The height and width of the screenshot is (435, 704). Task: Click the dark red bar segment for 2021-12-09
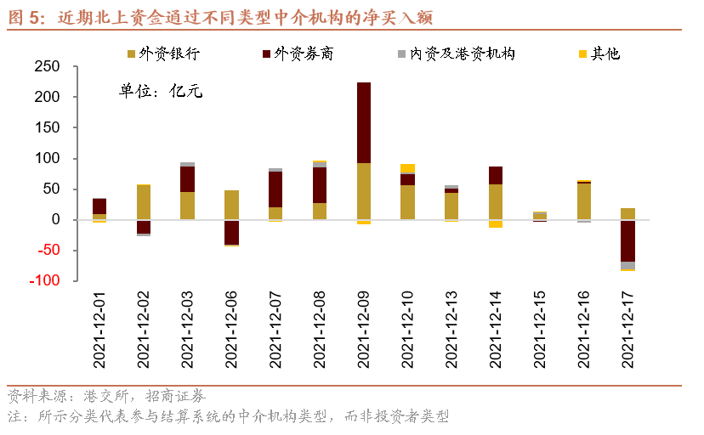pyautogui.click(x=364, y=122)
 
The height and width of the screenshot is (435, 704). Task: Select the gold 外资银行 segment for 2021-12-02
pyautogui.click(x=144, y=202)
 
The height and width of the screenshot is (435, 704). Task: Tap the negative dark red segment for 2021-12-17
pyautogui.click(x=627, y=240)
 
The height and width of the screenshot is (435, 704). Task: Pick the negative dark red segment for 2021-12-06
pyautogui.click(x=231, y=232)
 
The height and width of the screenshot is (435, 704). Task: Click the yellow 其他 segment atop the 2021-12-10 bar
pyautogui.click(x=407, y=168)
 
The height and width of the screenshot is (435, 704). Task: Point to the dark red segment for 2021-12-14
pyautogui.click(x=496, y=175)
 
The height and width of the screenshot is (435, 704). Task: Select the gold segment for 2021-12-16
pyautogui.click(x=583, y=201)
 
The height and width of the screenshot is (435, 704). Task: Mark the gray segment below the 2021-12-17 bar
pyautogui.click(x=627, y=265)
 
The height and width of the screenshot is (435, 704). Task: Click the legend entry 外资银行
pyautogui.click(x=163, y=54)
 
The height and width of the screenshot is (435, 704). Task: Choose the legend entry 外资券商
pyautogui.click(x=298, y=54)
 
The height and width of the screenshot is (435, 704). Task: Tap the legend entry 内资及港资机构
pyautogui.click(x=457, y=54)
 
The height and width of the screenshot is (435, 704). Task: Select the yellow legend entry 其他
pyautogui.click(x=599, y=54)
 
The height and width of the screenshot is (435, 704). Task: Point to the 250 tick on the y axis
pyautogui.click(x=47, y=66)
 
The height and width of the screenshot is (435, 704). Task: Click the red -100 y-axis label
pyautogui.click(x=44, y=280)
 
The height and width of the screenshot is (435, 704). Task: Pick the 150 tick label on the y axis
pyautogui.click(x=47, y=127)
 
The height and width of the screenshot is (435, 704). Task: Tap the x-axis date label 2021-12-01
pyautogui.click(x=99, y=330)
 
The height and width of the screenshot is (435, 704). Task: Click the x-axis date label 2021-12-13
pyautogui.click(x=451, y=330)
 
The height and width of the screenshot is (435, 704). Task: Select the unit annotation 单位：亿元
pyautogui.click(x=161, y=91)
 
